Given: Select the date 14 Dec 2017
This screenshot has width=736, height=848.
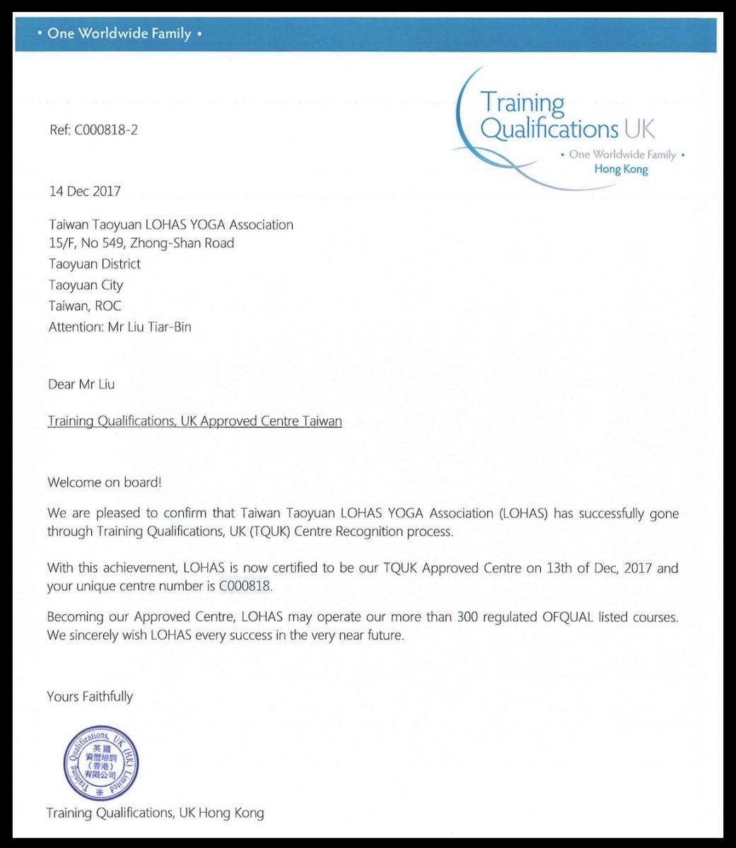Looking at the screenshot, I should click(85, 191).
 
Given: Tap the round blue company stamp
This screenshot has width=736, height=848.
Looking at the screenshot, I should click(100, 764).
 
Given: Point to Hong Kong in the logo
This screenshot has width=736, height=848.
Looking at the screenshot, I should click(621, 169).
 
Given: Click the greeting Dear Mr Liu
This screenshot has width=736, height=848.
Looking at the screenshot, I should click(81, 384).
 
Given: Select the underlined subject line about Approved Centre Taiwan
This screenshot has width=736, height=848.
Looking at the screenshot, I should click(194, 421).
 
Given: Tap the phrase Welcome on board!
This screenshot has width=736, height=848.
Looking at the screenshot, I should click(105, 483).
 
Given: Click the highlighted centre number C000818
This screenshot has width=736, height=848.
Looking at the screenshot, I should click(245, 586).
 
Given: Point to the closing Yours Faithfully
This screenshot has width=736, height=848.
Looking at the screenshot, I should click(90, 696).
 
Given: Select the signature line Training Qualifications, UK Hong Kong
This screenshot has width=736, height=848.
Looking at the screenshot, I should click(155, 813).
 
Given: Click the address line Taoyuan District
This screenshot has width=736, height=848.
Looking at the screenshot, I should click(95, 264).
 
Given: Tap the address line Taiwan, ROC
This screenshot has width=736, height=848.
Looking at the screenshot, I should click(85, 306).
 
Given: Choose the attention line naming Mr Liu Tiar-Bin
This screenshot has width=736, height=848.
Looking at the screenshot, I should click(119, 327).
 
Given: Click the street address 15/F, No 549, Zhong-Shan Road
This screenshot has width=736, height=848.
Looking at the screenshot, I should click(141, 243).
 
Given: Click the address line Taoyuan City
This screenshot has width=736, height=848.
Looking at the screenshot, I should click(86, 285).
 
